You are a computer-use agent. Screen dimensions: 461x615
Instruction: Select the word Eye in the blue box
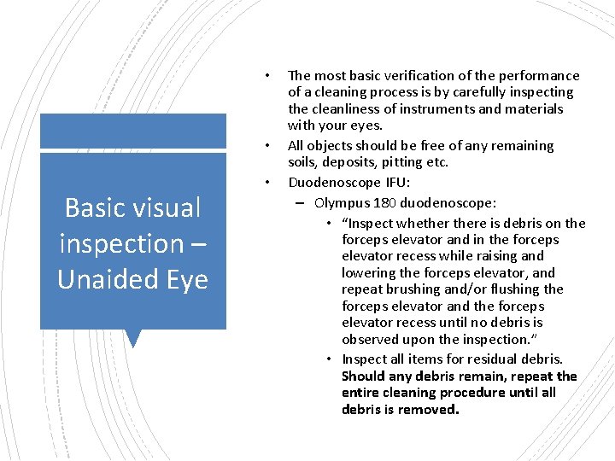pos(184,279)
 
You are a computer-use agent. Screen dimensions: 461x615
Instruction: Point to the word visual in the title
pos(168,207)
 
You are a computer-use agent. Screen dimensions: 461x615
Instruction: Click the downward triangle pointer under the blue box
pos(132,338)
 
